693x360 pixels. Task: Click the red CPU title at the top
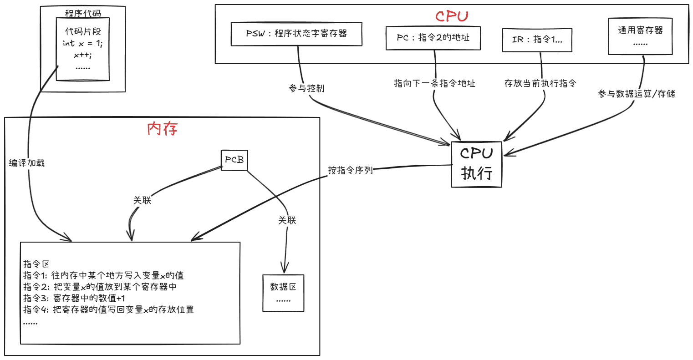pos(451,16)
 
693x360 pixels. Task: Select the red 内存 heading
pos(162,129)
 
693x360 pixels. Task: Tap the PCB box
pos(234,160)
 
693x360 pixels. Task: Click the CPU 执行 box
pos(476,164)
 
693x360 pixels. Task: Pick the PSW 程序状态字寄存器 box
pos(296,34)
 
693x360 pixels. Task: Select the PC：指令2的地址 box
pos(433,38)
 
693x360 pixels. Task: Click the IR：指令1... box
pos(537,40)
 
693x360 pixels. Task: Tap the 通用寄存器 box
pos(640,36)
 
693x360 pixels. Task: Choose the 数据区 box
pos(283,293)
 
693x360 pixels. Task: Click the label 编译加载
pos(27,163)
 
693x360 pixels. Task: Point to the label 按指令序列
pos(350,170)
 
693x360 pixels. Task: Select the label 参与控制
pos(306,88)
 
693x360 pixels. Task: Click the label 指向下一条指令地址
pos(434,83)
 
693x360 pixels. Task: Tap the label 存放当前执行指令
pos(540,83)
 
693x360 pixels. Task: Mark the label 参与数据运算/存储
pos(636,94)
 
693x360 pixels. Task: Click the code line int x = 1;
pos(82,44)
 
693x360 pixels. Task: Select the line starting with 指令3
pos(74,298)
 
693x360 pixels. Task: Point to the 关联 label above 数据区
pos(287,220)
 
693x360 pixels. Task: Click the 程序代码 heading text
pos(82,13)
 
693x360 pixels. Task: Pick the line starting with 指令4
pos(108,309)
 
